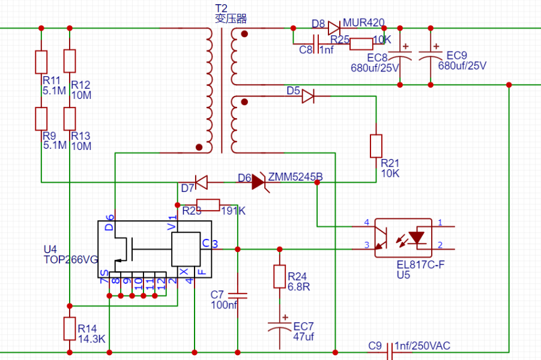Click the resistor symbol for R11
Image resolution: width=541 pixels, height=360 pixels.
point(41,61)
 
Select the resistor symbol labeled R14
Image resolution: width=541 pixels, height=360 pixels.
point(70,328)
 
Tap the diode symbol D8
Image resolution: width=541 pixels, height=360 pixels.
point(334,28)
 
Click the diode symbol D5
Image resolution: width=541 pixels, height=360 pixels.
point(308,96)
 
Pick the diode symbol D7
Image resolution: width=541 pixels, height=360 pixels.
point(201,181)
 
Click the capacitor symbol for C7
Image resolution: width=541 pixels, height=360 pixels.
point(238,295)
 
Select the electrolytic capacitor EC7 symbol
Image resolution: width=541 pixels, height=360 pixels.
point(279,327)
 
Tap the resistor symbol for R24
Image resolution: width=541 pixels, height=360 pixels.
point(279,276)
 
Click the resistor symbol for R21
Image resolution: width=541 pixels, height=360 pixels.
point(376,146)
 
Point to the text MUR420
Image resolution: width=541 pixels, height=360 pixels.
point(364,23)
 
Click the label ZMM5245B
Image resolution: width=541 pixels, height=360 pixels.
point(295,177)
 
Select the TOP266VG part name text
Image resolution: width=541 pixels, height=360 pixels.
point(71,260)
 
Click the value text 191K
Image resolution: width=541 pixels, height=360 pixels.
point(233,211)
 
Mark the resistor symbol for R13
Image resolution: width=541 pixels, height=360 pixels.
point(70,118)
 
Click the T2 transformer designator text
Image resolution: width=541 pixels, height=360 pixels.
point(222,7)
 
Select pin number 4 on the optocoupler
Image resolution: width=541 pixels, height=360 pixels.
point(366,223)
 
